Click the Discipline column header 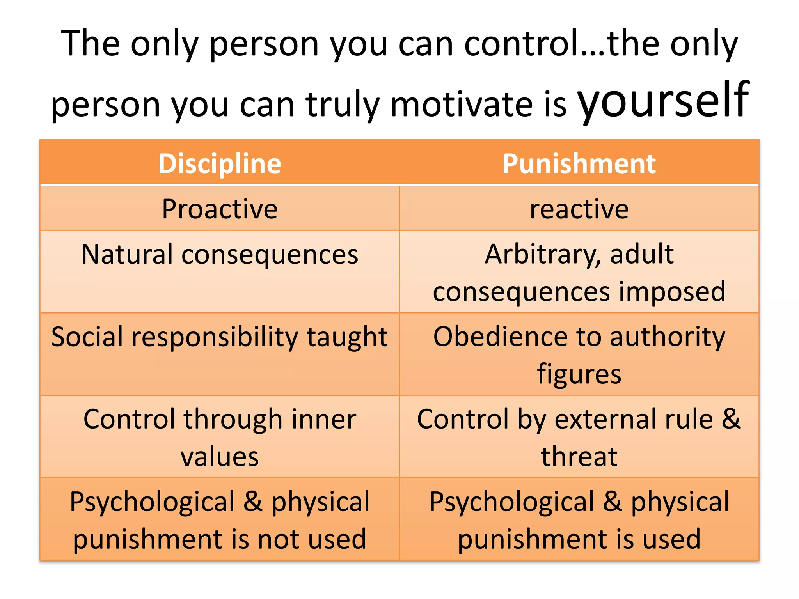(x=220, y=163)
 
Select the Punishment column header (x=579, y=163)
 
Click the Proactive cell (x=220, y=209)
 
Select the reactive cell (x=579, y=209)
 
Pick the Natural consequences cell (x=220, y=254)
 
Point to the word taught (x=347, y=337)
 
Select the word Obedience (x=498, y=337)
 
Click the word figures (x=579, y=374)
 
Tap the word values (x=220, y=457)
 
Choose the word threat (x=579, y=457)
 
